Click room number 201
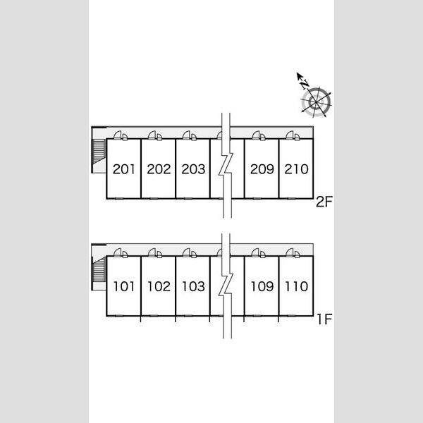[x=123, y=169]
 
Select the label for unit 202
[x=159, y=169]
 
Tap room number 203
[x=193, y=169]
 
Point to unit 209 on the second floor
[x=262, y=169]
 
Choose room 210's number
[x=296, y=169]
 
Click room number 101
[x=123, y=286]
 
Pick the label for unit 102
[x=159, y=286]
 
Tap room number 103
[x=193, y=286]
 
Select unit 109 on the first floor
[x=262, y=286]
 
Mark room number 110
[x=297, y=286]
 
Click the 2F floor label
[x=324, y=202]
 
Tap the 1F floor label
[x=324, y=319]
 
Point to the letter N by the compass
[x=305, y=85]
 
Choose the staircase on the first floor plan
[x=99, y=269]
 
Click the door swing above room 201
[x=118, y=135]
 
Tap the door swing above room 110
[x=290, y=252]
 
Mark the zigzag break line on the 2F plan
[x=226, y=165]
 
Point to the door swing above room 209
[x=255, y=135]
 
